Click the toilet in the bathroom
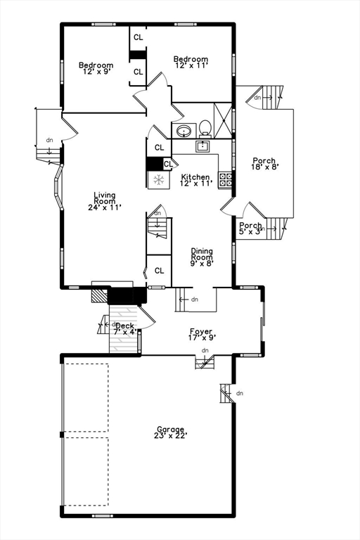tap(205, 128)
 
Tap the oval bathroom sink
tap(184, 131)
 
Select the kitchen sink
tap(203, 146)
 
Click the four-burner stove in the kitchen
tap(225, 180)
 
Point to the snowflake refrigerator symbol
tap(159, 180)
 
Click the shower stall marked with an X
tap(223, 120)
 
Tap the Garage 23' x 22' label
tap(171, 432)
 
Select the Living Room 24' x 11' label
tap(104, 201)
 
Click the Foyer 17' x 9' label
tap(201, 335)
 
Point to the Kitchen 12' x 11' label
tap(195, 180)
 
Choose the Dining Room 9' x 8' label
tap(202, 257)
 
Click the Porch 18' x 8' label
tap(264, 163)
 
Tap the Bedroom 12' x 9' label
tap(96, 68)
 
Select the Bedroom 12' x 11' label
tap(191, 63)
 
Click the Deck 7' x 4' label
tap(124, 328)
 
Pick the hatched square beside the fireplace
tap(100, 295)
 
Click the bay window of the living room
tap(58, 186)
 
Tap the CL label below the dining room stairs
tap(159, 271)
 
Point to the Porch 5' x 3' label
tap(250, 229)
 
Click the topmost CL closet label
tap(138, 37)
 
